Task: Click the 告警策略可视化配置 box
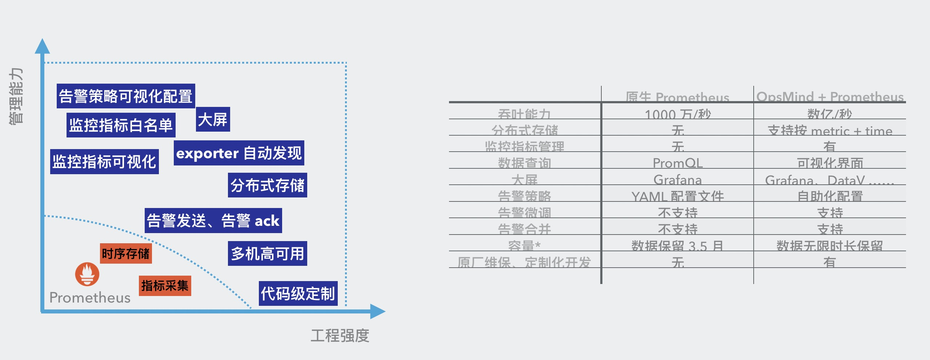(126, 96)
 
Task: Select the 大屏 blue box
(213, 119)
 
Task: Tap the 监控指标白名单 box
(121, 125)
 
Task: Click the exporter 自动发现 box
(239, 153)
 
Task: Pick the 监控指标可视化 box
(104, 161)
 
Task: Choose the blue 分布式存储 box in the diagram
(267, 185)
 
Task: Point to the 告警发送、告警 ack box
(213, 220)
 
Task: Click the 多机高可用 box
(267, 253)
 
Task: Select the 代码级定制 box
(298, 293)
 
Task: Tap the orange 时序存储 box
(126, 253)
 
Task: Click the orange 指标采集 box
(165, 285)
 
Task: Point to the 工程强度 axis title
(340, 335)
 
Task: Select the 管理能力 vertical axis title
(16, 96)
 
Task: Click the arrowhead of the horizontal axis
(378, 311)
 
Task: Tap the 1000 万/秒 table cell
(678, 114)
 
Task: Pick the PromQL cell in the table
(678, 163)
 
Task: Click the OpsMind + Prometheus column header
(830, 97)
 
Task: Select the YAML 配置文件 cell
(678, 196)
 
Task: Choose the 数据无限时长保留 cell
(830, 246)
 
